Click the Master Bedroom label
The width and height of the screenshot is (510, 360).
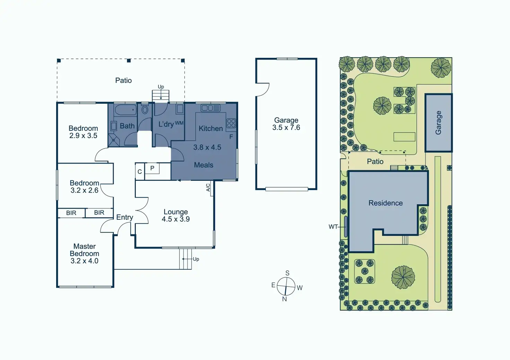point(85,253)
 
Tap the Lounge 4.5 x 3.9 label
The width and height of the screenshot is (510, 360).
point(176,215)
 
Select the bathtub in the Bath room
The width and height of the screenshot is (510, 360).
point(125,110)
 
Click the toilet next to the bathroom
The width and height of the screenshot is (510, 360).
point(145,110)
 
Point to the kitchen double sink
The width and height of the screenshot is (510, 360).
point(210,108)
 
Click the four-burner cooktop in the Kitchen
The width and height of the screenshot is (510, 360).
point(231,123)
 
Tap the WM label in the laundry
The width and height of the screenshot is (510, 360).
point(179,123)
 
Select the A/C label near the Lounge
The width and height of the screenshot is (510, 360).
point(208,188)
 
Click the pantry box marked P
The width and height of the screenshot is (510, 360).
point(152,168)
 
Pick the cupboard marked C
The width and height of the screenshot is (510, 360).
point(140,172)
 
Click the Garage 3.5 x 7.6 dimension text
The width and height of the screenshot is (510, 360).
point(286,128)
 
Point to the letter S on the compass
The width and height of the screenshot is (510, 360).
point(287,273)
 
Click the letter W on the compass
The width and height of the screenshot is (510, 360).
point(300,288)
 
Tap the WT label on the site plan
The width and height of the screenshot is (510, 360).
point(333,227)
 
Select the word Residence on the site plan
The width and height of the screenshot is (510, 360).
point(386,203)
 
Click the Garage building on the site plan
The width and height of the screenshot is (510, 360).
point(438,123)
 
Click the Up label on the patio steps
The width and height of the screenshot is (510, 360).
point(161,87)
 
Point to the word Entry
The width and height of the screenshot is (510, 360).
point(125,217)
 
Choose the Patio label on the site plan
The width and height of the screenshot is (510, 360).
point(375,162)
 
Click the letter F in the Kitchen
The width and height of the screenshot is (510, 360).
point(231,137)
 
